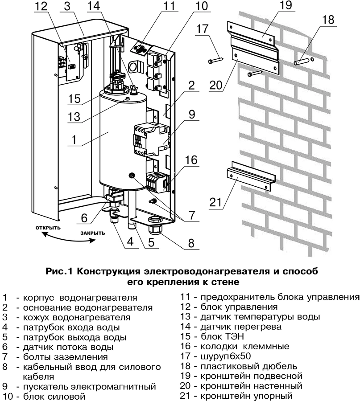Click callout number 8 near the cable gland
pos(190,244)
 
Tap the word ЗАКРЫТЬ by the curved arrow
pos(93,233)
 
